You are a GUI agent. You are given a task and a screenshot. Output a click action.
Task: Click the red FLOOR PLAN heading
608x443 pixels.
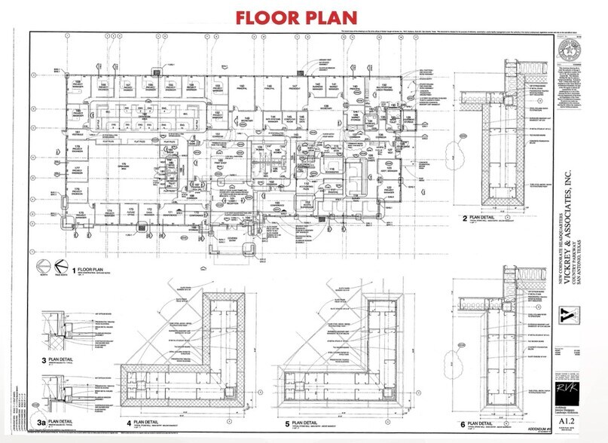coord(296,17)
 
